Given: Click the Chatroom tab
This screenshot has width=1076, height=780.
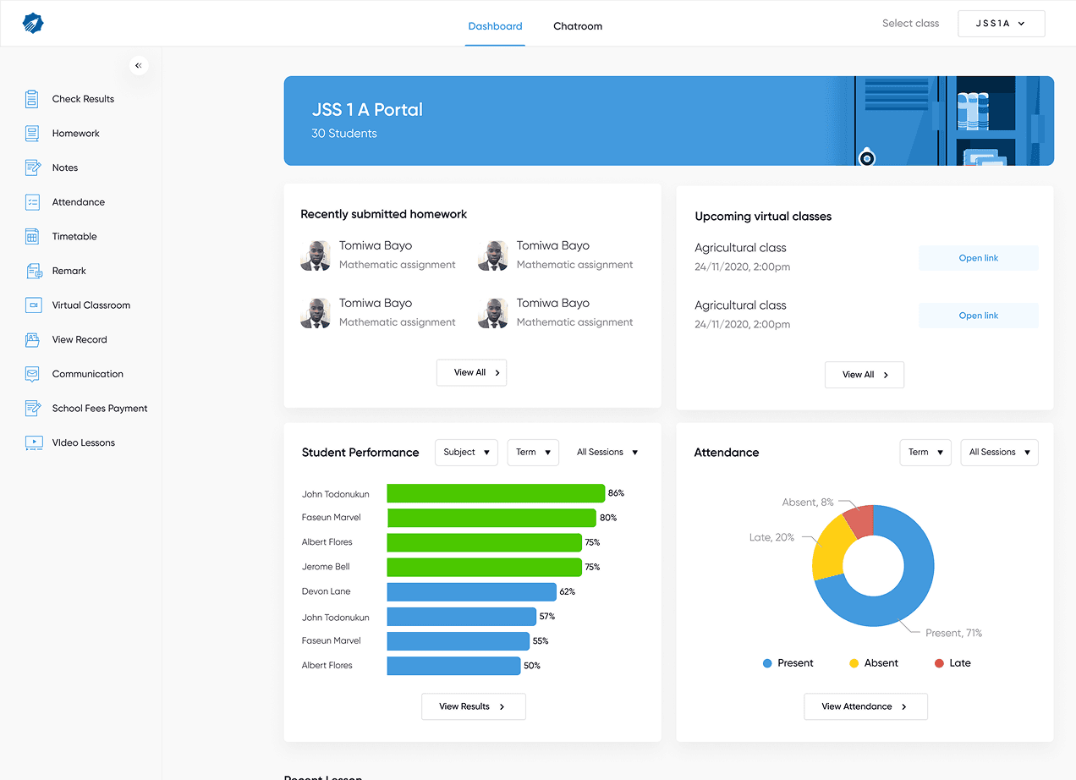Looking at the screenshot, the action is point(578,26).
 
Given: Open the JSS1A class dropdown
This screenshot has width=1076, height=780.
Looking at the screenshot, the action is point(1001,24).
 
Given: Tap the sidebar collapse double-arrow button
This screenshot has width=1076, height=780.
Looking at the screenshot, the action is point(139,65).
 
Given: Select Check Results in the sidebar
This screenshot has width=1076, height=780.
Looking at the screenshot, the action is point(83,99).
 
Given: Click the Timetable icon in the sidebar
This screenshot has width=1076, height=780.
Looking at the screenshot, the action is point(32,236).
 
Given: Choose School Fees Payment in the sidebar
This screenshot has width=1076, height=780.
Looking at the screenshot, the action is point(100,409).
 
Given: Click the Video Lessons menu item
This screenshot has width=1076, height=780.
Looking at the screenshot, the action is point(83,442).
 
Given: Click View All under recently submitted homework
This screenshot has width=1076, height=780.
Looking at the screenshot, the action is point(471,372).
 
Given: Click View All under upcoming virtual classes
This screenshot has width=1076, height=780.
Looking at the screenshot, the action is point(865,375).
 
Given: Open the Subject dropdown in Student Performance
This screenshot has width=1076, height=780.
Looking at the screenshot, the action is point(466,452).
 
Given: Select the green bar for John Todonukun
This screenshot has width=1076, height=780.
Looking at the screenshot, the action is point(496,493).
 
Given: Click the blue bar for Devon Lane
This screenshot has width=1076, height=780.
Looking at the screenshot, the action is point(472,591).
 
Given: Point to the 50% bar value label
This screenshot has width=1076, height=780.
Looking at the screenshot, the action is point(532,666).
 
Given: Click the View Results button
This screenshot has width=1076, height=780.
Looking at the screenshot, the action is point(473,706).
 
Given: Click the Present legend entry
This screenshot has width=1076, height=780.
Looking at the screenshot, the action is point(788,663).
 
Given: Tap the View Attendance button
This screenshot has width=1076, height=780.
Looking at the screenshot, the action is point(865,706).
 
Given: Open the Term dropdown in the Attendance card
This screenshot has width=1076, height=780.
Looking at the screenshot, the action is point(925,452).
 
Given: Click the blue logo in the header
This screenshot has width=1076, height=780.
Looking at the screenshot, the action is point(33,23).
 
